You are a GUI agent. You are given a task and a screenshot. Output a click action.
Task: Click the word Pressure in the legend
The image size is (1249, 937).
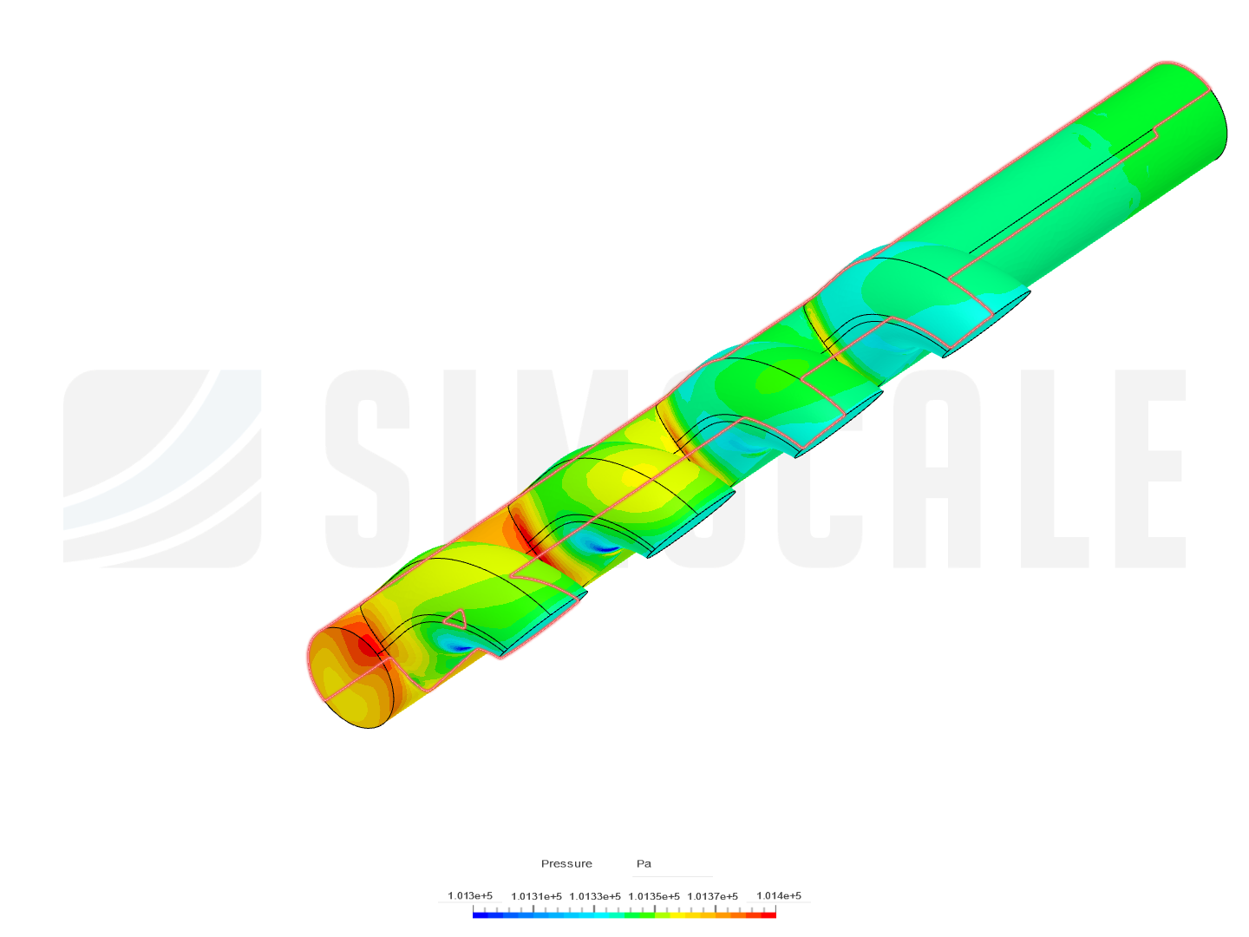click(x=566, y=863)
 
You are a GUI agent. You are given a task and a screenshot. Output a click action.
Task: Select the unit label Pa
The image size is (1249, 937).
click(x=644, y=863)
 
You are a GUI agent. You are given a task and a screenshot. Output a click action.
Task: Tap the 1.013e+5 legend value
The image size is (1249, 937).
click(x=470, y=895)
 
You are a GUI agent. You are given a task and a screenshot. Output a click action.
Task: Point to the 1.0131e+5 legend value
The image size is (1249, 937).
click(x=536, y=896)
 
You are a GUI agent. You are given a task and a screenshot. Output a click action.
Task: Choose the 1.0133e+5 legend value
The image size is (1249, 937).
click(x=595, y=896)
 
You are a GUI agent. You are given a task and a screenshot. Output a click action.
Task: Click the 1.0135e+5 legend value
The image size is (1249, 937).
click(x=654, y=896)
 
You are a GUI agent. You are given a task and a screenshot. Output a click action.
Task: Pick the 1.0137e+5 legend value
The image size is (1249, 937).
click(x=712, y=896)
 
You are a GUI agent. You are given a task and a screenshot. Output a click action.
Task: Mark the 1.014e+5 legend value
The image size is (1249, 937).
click(x=779, y=895)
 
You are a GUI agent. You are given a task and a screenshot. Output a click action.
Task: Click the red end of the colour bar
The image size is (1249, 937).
click(x=769, y=915)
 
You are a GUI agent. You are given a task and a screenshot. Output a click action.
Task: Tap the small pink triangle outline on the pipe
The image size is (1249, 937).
click(x=454, y=618)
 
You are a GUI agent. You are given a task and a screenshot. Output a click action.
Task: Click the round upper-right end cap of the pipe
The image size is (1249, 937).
click(x=1201, y=126)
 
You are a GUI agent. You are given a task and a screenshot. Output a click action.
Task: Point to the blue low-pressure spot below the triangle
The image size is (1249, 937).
click(x=457, y=646)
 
